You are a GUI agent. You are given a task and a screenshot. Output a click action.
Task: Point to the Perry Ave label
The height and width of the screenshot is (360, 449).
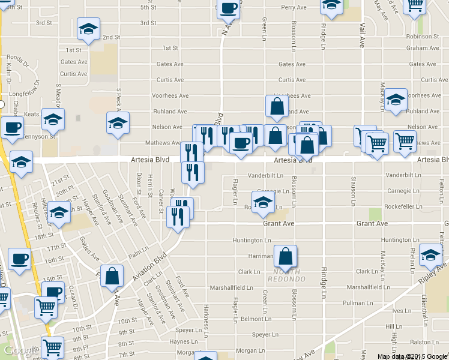tap(294, 8)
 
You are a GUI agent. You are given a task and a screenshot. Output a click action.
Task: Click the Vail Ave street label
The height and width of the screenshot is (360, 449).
tap(363, 36)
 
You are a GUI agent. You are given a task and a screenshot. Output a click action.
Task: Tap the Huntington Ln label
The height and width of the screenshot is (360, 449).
tap(252, 240)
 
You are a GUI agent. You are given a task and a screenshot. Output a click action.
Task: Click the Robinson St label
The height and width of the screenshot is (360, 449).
tap(427, 37)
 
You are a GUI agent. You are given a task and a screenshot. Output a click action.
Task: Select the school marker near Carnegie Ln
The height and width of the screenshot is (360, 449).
tap(263, 202)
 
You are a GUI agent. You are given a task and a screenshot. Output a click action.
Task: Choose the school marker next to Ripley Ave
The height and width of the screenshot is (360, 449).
tap(430, 254)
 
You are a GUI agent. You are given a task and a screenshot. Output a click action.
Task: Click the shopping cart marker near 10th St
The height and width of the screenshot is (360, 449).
tap(46, 307)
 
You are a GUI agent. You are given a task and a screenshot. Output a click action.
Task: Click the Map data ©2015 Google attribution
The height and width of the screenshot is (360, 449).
tap(412, 356)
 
